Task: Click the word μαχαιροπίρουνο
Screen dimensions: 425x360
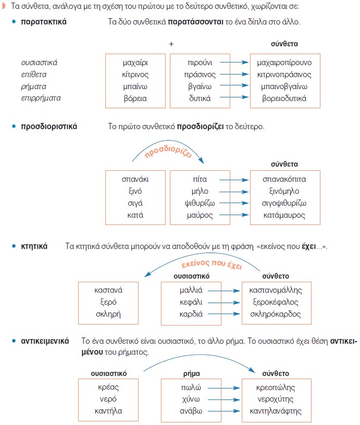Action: tap(284, 63)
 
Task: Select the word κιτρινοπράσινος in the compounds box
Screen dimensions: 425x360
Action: tap(284, 74)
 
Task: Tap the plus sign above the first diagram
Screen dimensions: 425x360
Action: tap(171, 44)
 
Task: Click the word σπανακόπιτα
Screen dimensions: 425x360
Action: tap(284, 179)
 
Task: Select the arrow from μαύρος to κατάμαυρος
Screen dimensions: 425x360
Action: tap(232, 215)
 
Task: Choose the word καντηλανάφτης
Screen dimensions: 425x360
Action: tap(276, 411)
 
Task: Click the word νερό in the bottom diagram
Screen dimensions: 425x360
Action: tap(108, 399)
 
